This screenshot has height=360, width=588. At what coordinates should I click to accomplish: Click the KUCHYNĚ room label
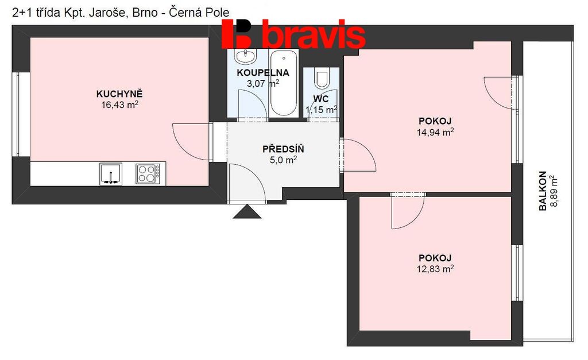tap(119, 94)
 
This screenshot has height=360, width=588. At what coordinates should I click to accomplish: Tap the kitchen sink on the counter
tap(111, 174)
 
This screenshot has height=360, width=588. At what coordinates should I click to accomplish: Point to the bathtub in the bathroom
tap(284, 83)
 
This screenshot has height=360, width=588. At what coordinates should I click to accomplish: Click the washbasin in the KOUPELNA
tap(245, 56)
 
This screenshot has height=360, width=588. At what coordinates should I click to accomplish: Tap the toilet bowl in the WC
tap(322, 78)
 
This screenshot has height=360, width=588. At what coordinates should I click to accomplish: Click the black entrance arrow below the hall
tap(247, 211)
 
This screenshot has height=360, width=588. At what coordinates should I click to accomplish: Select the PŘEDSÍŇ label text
tap(283, 149)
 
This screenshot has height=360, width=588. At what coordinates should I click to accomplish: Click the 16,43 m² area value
tap(119, 104)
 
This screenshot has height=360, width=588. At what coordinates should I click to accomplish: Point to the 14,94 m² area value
tap(435, 132)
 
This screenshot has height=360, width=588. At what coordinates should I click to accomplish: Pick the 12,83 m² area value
tap(435, 269)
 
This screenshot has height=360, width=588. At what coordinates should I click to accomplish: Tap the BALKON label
tap(543, 191)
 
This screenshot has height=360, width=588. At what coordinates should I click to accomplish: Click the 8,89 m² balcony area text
tap(554, 191)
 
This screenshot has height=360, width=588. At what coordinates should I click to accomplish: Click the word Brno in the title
tap(145, 13)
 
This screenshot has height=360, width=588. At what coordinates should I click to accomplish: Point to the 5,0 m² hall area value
tap(283, 160)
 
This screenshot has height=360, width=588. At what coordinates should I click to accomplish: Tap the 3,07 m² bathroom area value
tap(262, 83)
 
